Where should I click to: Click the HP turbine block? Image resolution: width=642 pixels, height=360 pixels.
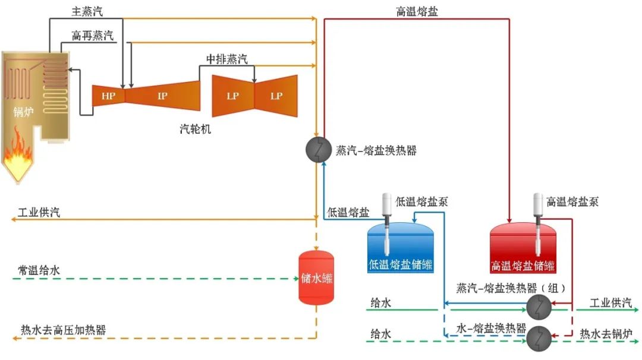click(x=108, y=96)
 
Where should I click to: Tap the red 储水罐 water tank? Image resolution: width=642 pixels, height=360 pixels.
click(x=316, y=277)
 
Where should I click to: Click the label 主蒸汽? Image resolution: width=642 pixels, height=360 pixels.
click(x=87, y=11)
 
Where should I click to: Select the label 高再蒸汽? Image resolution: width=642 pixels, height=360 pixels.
click(x=93, y=36)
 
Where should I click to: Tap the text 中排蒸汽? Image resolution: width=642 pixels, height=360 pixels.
click(x=226, y=59)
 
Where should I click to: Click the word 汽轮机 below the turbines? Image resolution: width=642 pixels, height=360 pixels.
click(x=196, y=128)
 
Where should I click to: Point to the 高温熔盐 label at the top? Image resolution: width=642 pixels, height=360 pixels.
click(x=417, y=11)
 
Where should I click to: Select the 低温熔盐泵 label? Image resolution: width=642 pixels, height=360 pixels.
click(x=421, y=201)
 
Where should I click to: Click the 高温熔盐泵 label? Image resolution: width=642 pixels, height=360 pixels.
click(x=572, y=201)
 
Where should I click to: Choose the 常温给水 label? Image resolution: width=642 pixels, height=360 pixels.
click(x=39, y=271)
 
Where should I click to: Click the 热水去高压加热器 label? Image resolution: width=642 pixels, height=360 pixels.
click(x=64, y=330)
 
